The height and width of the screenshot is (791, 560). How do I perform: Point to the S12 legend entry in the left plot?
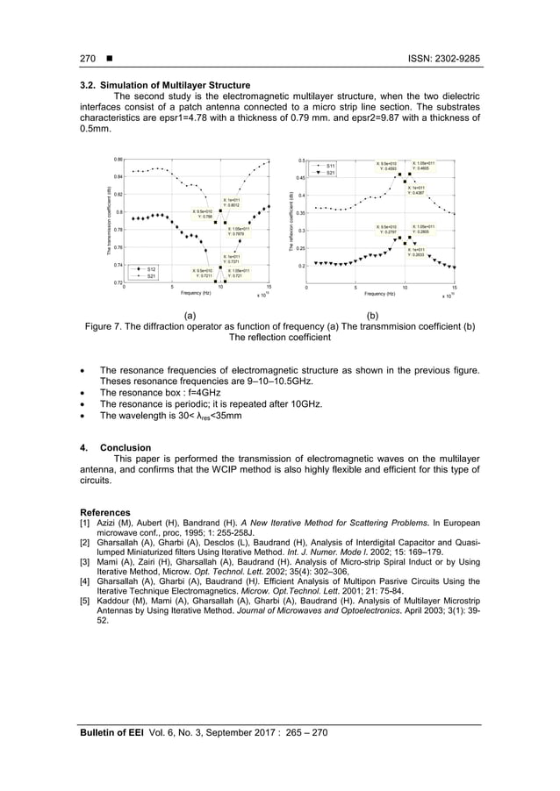[150, 268]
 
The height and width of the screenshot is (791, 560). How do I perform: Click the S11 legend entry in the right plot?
[331, 166]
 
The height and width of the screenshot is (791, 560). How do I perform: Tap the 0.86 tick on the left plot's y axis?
[118, 160]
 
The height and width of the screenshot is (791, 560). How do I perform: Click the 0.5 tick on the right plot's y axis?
[301, 160]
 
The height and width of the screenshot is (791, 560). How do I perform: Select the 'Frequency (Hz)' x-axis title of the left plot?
[195, 293]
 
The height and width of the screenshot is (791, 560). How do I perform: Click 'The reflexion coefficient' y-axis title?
[290, 222]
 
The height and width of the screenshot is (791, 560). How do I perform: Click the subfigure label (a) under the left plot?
[190, 314]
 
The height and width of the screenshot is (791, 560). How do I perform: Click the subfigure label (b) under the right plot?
[373, 314]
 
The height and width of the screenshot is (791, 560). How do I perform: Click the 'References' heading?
[105, 512]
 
